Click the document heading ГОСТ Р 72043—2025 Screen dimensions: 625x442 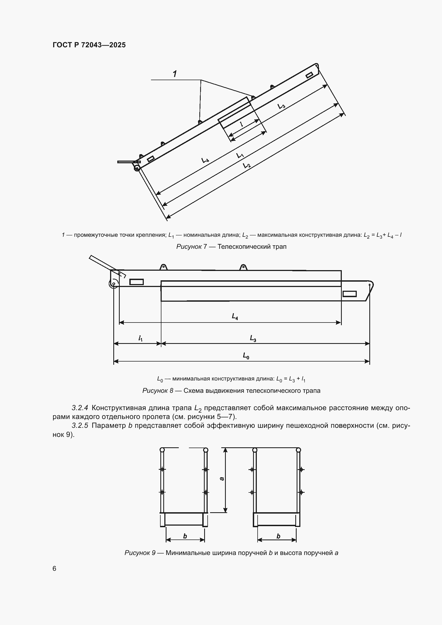click(x=89, y=45)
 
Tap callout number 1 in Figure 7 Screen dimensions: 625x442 click(x=175, y=74)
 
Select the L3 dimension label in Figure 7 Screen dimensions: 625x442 click(x=281, y=106)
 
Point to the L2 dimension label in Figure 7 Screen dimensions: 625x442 click(x=247, y=165)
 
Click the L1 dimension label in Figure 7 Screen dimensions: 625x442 click(x=240, y=156)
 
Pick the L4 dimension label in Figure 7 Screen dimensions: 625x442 click(x=205, y=160)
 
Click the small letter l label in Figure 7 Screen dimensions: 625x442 click(x=241, y=124)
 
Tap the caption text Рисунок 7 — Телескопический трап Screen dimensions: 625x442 click(x=231, y=247)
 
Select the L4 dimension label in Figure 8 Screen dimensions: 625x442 click(x=235, y=316)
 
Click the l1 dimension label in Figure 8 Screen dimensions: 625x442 click(x=141, y=338)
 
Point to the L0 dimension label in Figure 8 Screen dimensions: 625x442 click(x=246, y=355)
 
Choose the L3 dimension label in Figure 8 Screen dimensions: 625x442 click(x=253, y=338)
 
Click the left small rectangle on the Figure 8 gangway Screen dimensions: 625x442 click(x=136, y=282)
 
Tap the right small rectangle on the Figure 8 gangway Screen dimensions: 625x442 click(x=350, y=294)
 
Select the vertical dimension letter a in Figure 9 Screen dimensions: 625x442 click(x=222, y=479)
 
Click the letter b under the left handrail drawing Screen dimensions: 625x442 click(x=185, y=536)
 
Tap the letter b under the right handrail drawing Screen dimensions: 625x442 click(x=278, y=536)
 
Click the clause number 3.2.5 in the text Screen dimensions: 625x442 click(x=80, y=425)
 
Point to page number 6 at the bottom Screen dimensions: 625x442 click(x=55, y=569)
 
